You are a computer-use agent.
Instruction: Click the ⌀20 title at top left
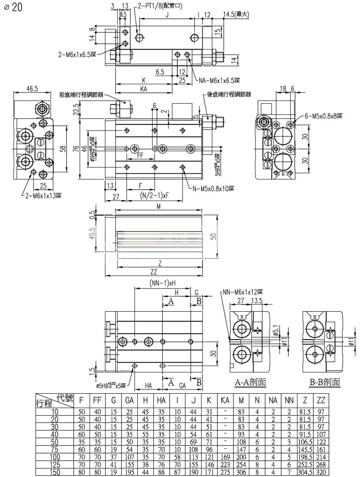tap(13, 9)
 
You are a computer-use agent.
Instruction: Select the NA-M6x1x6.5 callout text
tap(220, 81)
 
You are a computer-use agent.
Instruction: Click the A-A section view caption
tap(251, 383)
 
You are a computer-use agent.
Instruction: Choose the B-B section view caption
tap(324, 383)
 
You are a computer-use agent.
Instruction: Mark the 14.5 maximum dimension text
tap(236, 14)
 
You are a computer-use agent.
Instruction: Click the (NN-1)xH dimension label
tap(162, 283)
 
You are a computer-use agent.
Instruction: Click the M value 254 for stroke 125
tap(242, 465)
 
